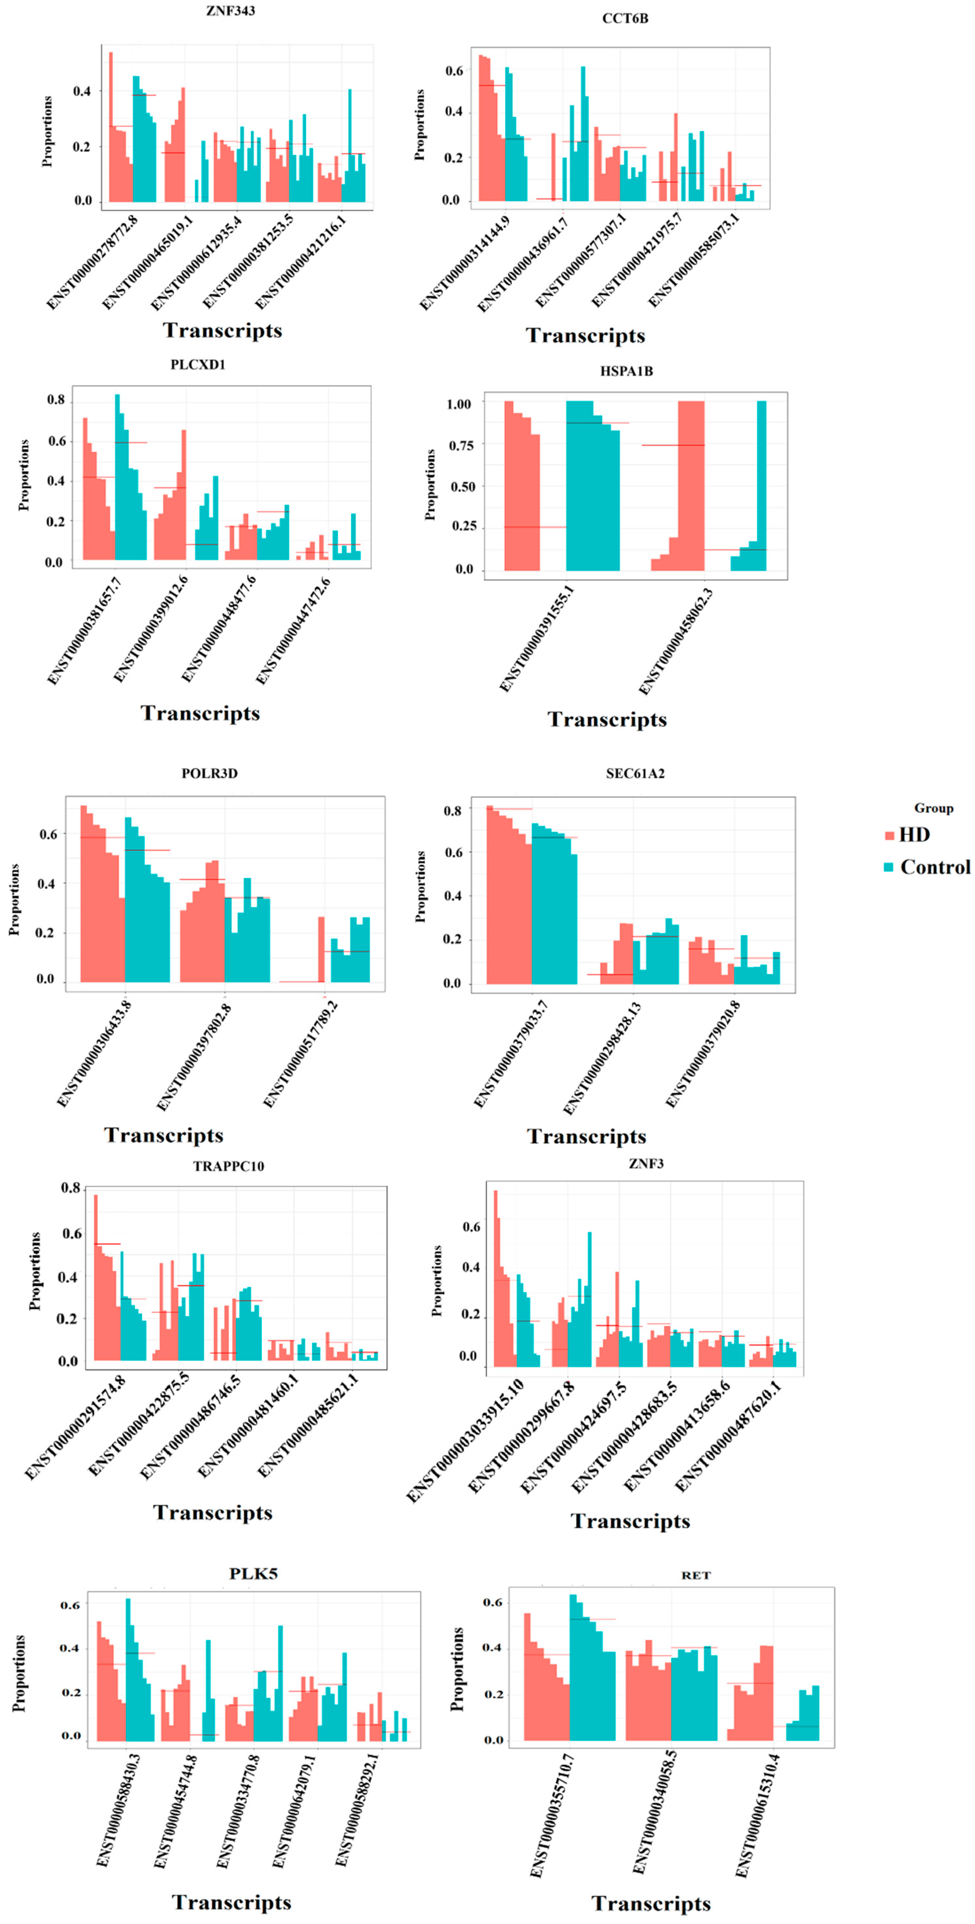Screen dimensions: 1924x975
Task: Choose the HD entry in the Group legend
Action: click(907, 835)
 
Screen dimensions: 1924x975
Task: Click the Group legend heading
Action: click(933, 808)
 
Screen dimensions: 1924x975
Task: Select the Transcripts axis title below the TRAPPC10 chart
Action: click(213, 1513)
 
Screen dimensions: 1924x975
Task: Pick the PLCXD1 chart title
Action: click(198, 365)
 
